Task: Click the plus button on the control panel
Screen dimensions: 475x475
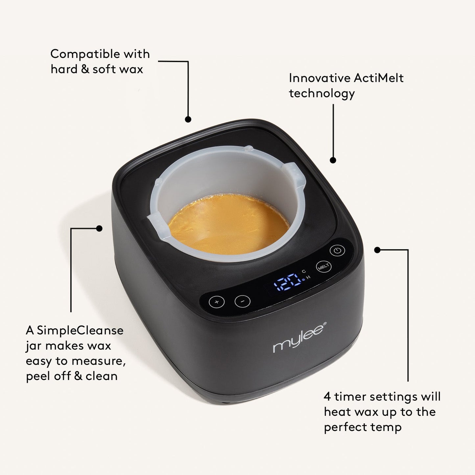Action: pyautogui.click(x=217, y=301)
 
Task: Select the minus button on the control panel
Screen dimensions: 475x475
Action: pyautogui.click(x=243, y=301)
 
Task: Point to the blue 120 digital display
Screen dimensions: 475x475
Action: pyautogui.click(x=285, y=282)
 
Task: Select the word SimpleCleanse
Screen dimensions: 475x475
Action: pyautogui.click(x=80, y=330)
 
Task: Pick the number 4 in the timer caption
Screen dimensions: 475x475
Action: pyautogui.click(x=327, y=397)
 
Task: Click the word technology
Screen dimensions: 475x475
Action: pyautogui.click(x=322, y=94)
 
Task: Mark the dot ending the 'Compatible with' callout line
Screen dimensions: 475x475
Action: pyautogui.click(x=188, y=120)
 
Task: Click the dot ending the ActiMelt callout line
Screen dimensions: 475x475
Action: pyautogui.click(x=333, y=160)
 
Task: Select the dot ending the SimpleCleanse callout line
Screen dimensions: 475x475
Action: pyautogui.click(x=99, y=228)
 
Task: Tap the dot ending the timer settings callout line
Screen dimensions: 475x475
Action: pyautogui.click(x=377, y=250)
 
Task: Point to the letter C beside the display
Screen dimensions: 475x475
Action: pyautogui.click(x=304, y=271)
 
